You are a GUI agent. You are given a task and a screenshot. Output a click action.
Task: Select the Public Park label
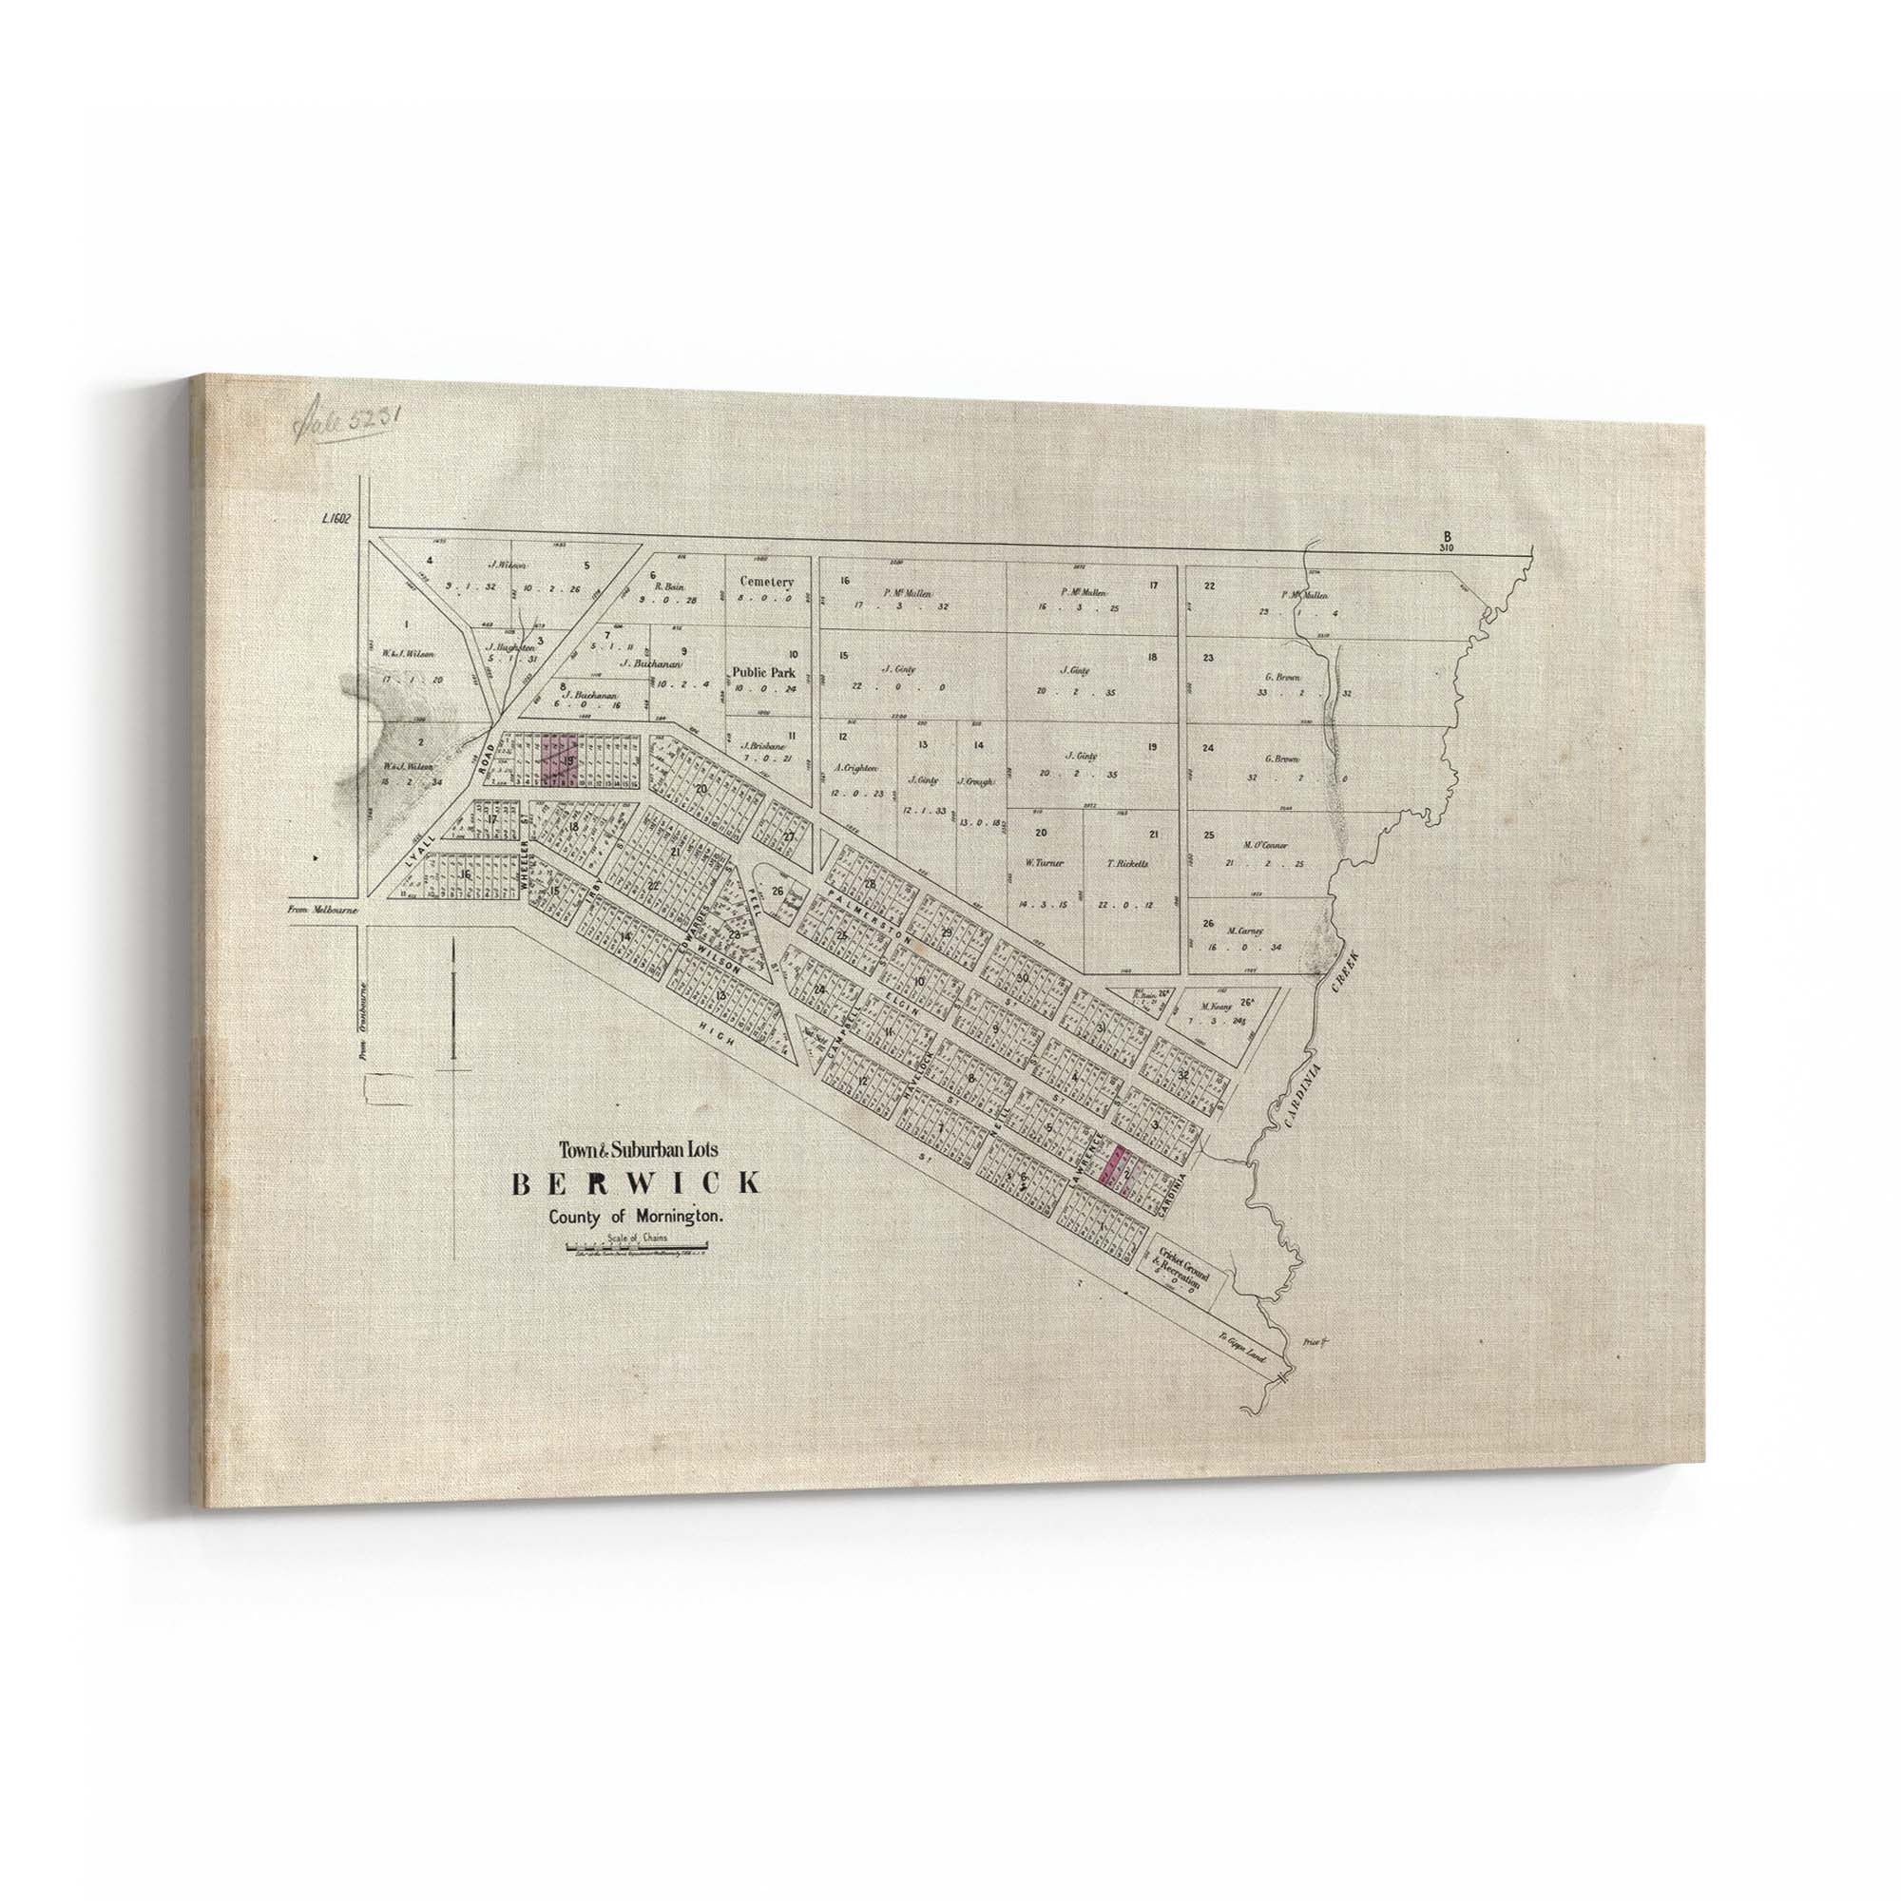point(761,673)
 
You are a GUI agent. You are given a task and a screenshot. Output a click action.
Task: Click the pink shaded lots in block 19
point(558,760)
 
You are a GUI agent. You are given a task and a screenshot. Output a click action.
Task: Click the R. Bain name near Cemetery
point(669,585)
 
